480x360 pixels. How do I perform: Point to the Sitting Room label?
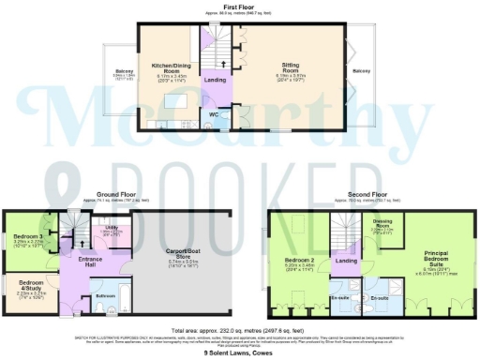pyautogui.click(x=296, y=67)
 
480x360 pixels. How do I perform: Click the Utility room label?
pyautogui.click(x=110, y=228)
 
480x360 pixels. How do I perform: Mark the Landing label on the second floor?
pyautogui.click(x=346, y=261)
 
